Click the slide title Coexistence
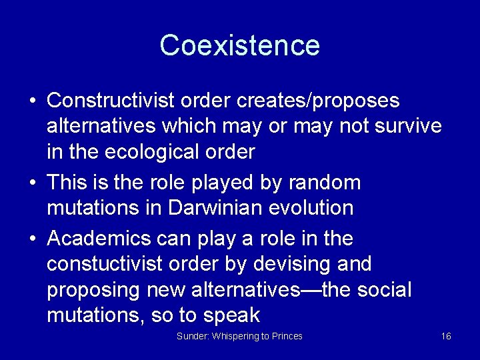[x=240, y=45]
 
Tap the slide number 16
[x=446, y=336]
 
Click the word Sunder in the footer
[x=191, y=336]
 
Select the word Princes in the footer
[x=285, y=336]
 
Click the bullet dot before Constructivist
[x=32, y=101]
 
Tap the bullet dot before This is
[x=32, y=183]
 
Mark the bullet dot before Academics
[x=32, y=239]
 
